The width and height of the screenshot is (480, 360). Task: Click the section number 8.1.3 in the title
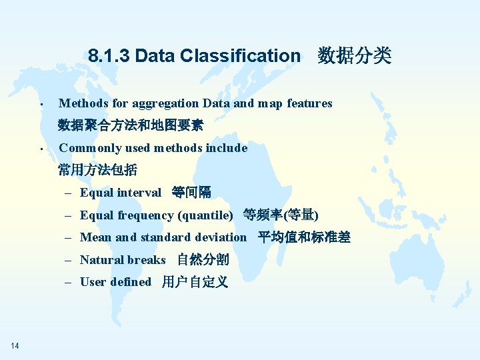[x=109, y=56]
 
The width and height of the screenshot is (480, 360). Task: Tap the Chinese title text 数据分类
[x=354, y=55]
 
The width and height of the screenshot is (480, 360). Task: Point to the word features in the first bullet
[x=309, y=103]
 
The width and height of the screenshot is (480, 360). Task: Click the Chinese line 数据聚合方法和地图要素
[x=131, y=125]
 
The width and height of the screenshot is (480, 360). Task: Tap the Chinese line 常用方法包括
[x=97, y=170]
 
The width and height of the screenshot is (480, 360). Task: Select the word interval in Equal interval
[x=139, y=193]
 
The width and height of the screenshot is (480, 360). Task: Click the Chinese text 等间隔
[x=191, y=193]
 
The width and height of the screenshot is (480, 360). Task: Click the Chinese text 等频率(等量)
[x=281, y=215]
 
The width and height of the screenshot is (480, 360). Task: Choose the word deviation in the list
[x=220, y=237]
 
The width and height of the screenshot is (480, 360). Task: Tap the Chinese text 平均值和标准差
[x=304, y=237]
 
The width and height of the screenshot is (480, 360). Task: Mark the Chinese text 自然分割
[x=203, y=260]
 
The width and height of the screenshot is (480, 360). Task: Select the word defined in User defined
[x=131, y=282]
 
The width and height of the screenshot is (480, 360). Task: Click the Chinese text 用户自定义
[x=195, y=282]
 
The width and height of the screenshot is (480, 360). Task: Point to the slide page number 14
[x=15, y=345]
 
